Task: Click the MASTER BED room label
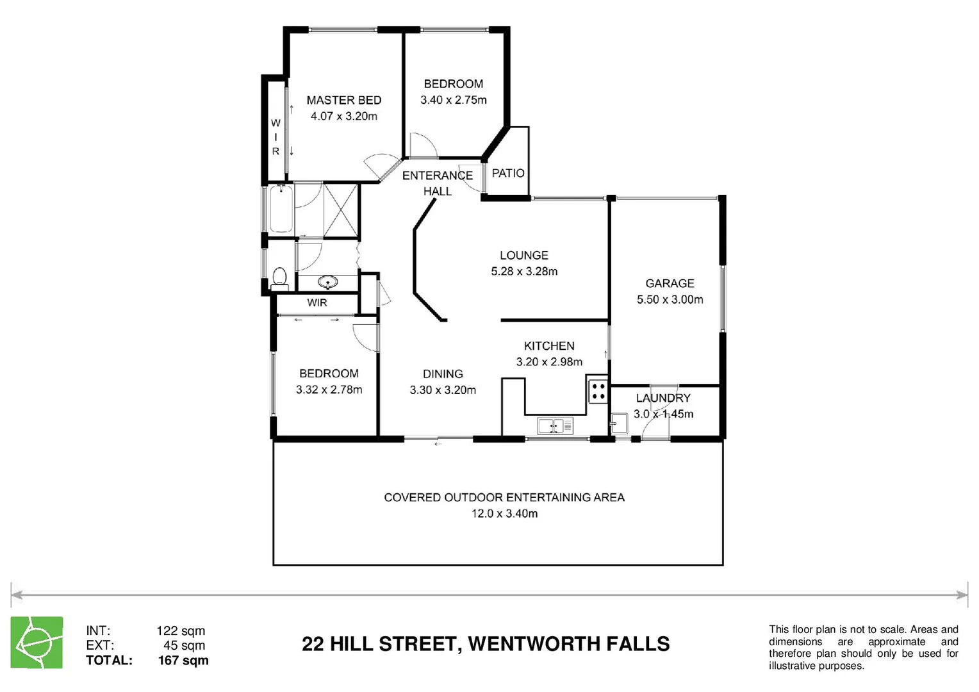pos(343,100)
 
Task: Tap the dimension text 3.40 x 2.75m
pos(453,100)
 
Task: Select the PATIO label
pos(508,173)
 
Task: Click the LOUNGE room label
pos(523,255)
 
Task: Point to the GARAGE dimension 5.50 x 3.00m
pos(670,299)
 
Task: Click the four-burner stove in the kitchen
pos(598,391)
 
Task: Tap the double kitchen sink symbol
pos(555,425)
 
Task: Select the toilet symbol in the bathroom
pos(279,277)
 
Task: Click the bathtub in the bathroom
pos(281,208)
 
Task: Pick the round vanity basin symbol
pos(328,282)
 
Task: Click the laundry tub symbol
pos(619,423)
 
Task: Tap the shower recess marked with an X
pos(340,210)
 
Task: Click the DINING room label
pos(442,374)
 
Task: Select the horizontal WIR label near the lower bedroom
pos(317,303)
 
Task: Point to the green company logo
pos(37,643)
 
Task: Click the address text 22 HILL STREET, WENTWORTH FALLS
pos(485,644)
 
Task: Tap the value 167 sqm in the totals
pos(183,660)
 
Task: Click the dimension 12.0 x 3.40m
pos(504,513)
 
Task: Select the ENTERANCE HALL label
pos(437,183)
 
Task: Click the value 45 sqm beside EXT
pos(184,645)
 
